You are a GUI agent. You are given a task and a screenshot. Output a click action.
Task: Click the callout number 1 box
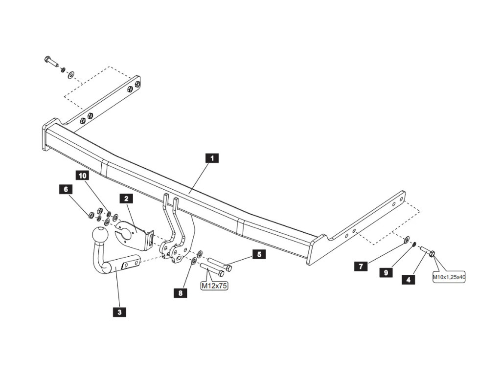211,158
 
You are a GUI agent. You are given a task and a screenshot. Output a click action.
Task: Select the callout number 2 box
126,198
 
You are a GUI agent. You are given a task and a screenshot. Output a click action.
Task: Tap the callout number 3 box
119,311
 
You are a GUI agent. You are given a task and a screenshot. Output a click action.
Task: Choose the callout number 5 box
259,254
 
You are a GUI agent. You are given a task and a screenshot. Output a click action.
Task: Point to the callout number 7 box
361,266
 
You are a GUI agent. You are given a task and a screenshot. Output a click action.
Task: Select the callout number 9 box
386,272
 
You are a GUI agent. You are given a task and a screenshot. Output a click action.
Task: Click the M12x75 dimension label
214,286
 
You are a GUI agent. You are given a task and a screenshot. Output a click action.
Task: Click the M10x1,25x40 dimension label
448,277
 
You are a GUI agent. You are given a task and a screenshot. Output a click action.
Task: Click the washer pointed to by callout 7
407,240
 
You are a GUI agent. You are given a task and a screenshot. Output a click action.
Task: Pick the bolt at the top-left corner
51,61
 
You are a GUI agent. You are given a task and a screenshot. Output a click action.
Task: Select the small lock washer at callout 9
414,244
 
